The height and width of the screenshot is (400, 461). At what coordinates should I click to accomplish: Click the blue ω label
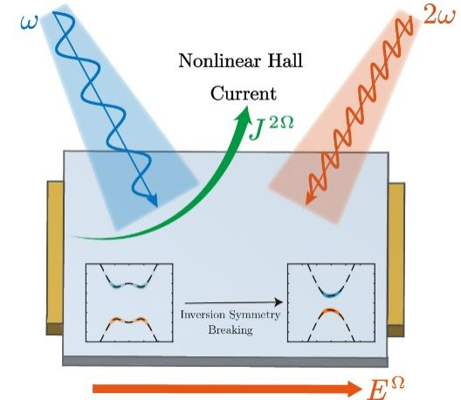click(x=29, y=22)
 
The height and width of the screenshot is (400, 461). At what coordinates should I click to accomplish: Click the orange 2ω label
click(x=438, y=17)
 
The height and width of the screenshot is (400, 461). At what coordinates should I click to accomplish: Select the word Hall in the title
click(x=285, y=60)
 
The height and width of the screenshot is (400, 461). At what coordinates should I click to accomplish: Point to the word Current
click(x=244, y=93)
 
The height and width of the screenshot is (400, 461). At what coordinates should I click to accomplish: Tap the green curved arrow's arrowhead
click(x=244, y=115)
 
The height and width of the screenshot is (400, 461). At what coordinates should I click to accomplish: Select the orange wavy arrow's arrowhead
click(x=310, y=197)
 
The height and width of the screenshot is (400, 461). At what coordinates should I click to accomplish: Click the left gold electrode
click(x=55, y=258)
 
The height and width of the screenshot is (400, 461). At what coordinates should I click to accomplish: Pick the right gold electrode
click(x=396, y=259)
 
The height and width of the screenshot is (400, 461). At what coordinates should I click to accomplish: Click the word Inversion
click(x=203, y=314)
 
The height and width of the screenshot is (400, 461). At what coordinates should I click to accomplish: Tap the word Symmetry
click(x=255, y=316)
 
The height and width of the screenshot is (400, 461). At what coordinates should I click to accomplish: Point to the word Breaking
click(x=230, y=330)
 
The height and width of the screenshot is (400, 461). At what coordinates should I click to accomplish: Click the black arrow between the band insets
click(x=233, y=302)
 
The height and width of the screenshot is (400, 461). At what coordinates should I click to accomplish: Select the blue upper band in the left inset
click(x=128, y=284)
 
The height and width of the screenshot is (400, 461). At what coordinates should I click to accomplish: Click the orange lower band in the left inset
click(x=128, y=321)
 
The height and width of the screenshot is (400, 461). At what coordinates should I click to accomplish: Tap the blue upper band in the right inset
click(x=331, y=294)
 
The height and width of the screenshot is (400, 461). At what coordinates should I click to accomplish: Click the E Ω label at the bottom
click(x=385, y=387)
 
